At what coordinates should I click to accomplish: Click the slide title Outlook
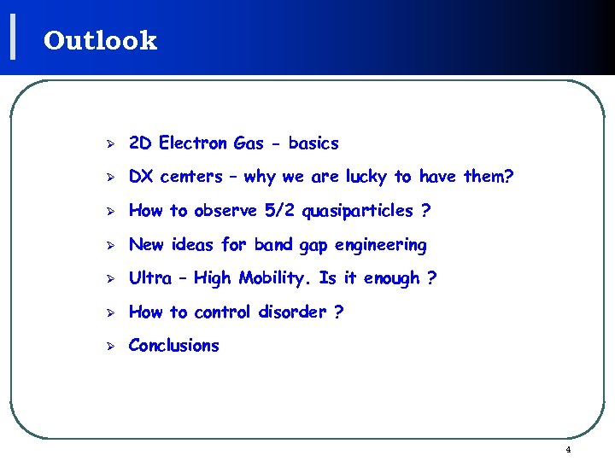click(x=100, y=40)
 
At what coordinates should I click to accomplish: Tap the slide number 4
click(x=568, y=450)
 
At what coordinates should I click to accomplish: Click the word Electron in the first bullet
click(x=193, y=143)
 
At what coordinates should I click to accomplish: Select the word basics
click(x=313, y=143)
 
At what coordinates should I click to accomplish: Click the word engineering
click(x=380, y=245)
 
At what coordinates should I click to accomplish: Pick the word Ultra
click(x=149, y=278)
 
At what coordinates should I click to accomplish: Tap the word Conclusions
click(x=173, y=346)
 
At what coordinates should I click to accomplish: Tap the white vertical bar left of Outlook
click(x=13, y=38)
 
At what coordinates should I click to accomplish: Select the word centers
click(x=190, y=177)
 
